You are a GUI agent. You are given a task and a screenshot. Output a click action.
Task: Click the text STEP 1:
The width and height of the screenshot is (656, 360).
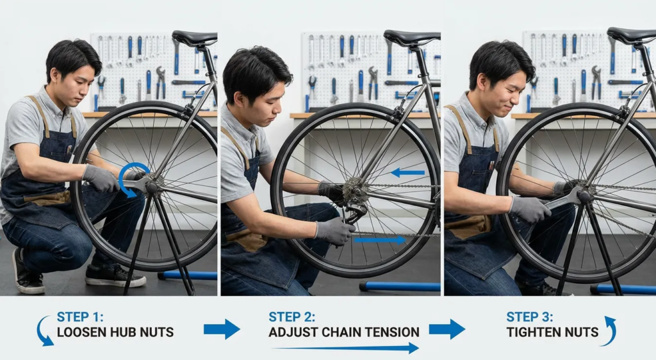point(80,316)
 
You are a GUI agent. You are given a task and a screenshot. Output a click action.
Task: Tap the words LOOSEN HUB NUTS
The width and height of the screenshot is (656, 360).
point(115,332)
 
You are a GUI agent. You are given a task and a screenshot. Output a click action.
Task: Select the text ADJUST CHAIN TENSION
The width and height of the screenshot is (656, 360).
point(344,332)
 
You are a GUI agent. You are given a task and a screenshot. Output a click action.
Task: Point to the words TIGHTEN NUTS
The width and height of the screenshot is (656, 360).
point(552,332)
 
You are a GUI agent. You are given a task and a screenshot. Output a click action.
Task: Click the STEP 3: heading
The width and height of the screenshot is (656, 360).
point(530,316)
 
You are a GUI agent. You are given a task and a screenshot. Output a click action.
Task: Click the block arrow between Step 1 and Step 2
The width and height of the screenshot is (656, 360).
point(222,329)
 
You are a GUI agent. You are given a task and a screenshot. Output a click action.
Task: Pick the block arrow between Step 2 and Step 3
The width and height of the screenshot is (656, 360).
point(447,329)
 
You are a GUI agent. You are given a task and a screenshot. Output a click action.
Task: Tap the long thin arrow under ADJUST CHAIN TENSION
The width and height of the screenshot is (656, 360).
point(345,347)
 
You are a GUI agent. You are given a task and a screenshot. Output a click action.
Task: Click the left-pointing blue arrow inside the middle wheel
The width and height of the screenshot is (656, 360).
point(407,172)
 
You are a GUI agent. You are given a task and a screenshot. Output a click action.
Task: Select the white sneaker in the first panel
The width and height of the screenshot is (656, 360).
point(115,276)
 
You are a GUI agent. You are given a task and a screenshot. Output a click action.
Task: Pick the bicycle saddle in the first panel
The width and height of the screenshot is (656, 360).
point(195,38)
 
